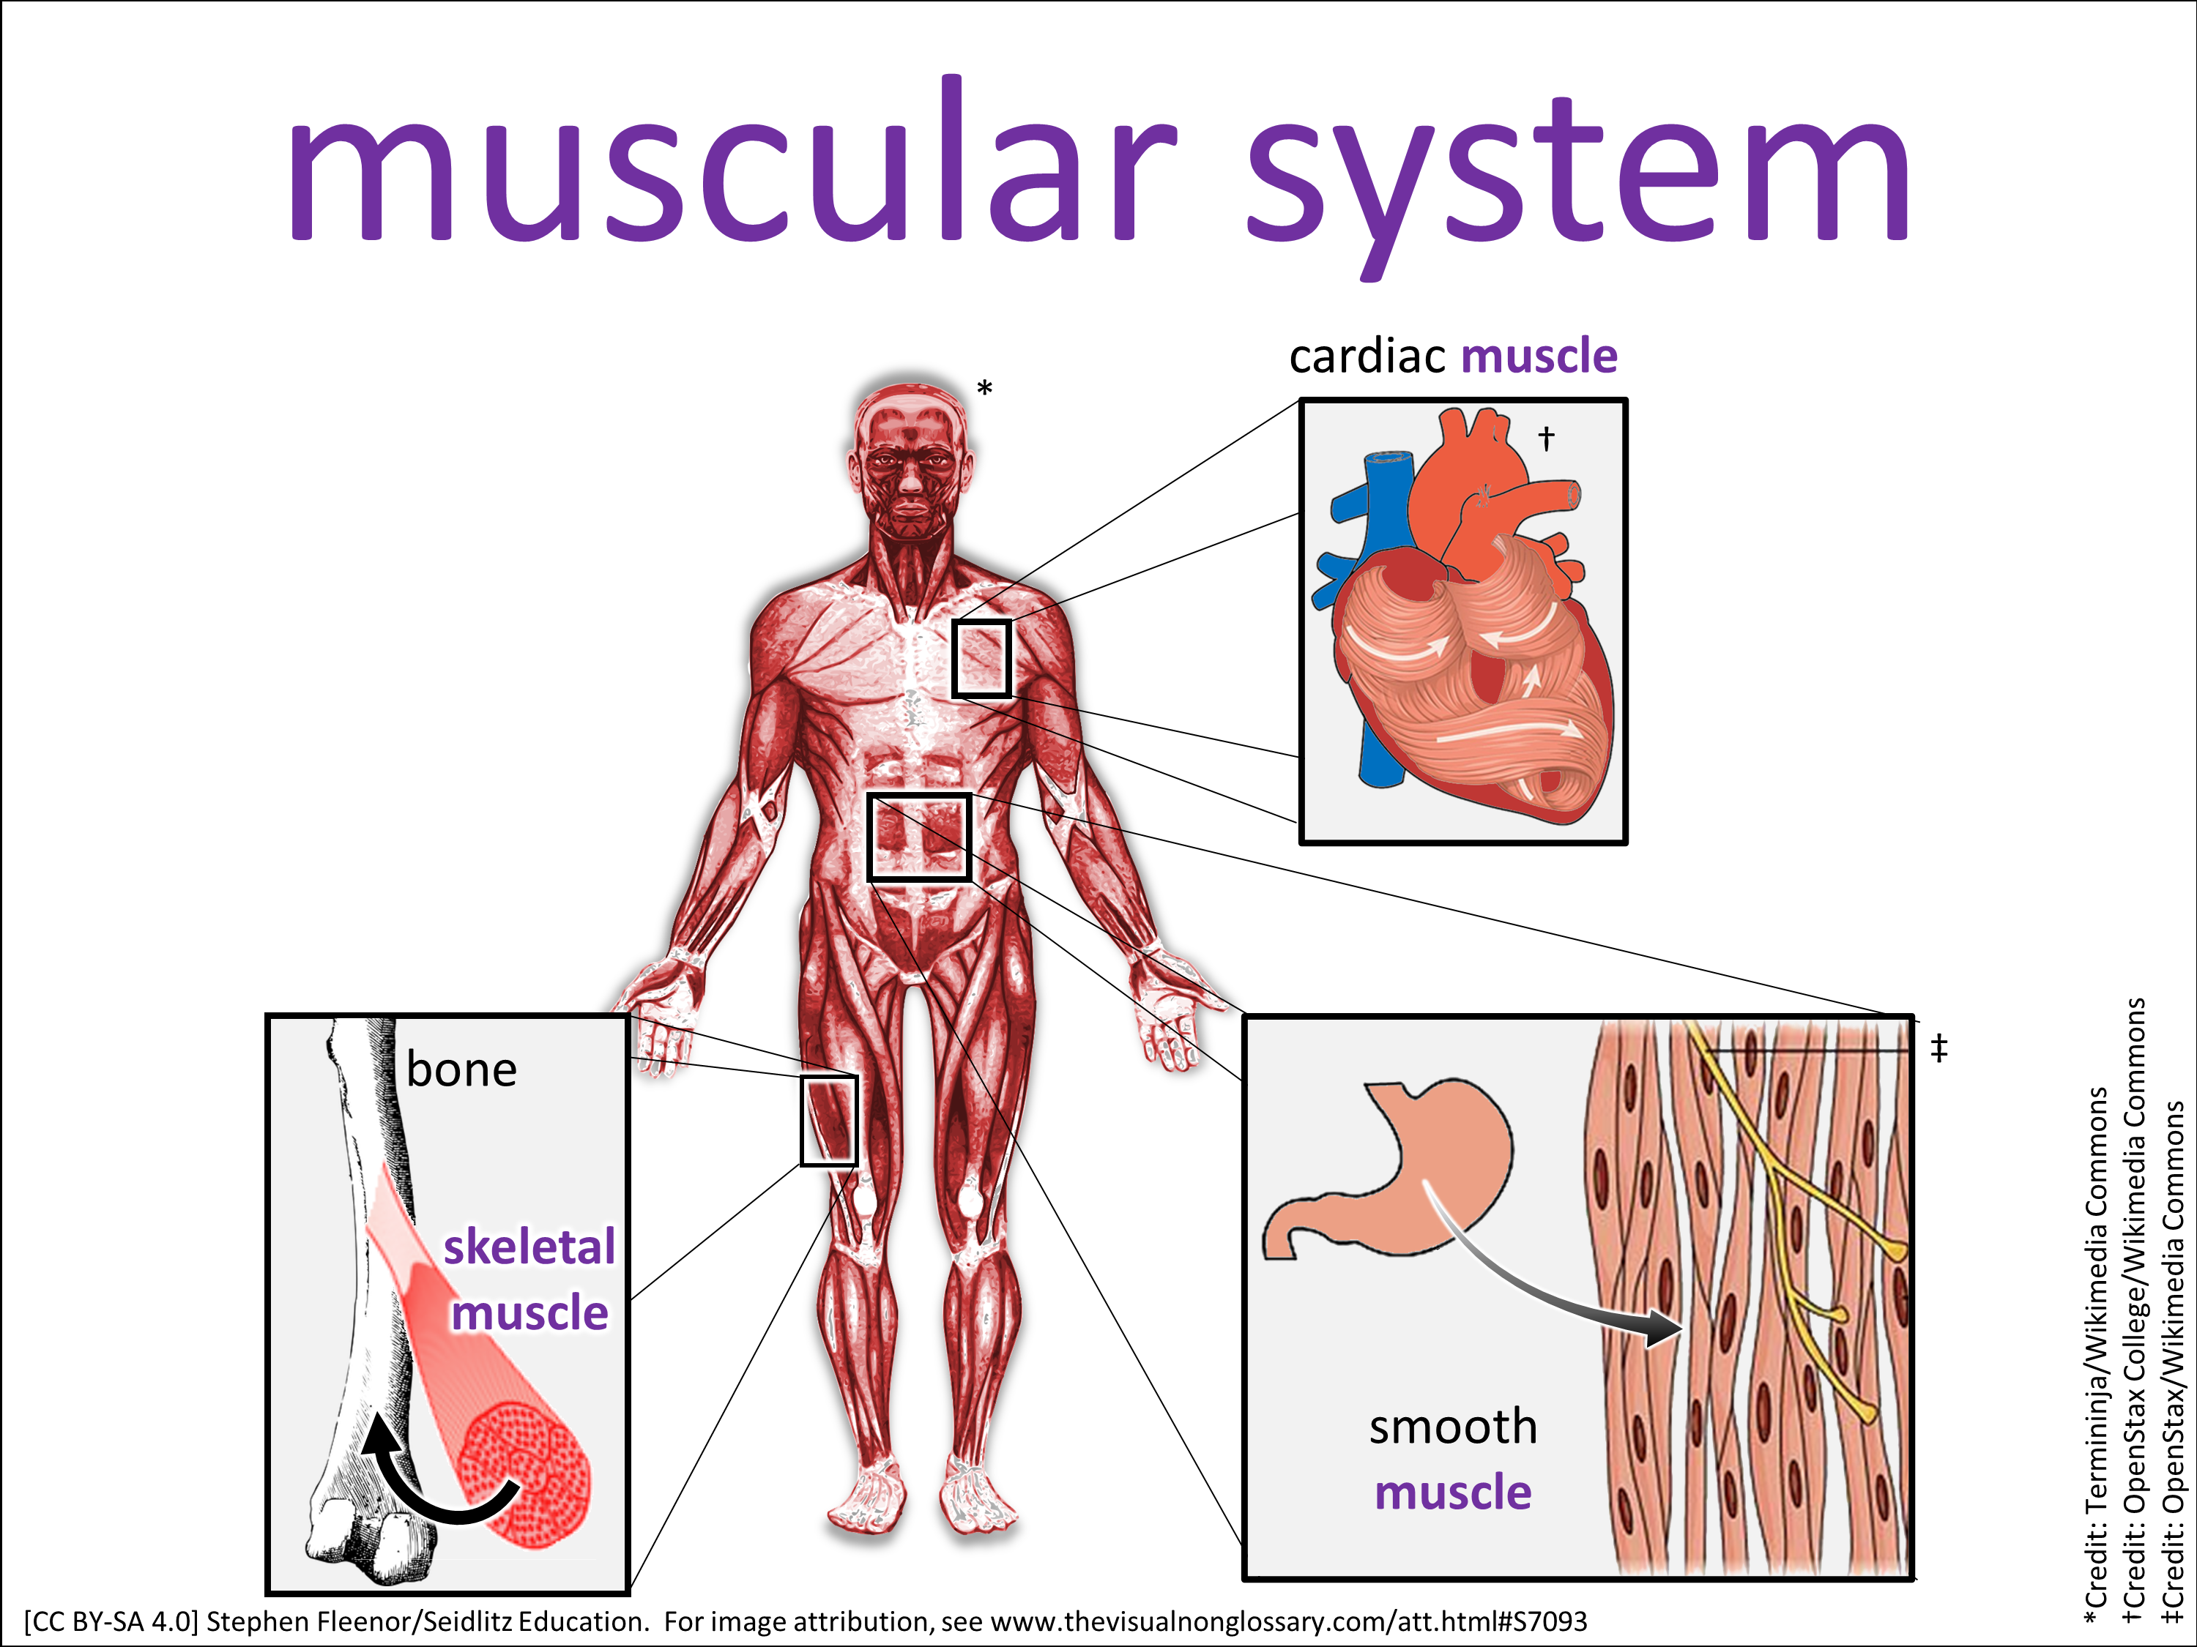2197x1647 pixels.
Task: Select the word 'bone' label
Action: coord(462,1070)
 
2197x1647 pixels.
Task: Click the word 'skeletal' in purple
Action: coord(529,1247)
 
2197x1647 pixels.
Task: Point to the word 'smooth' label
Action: coord(1453,1427)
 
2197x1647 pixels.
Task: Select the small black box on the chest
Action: coord(981,658)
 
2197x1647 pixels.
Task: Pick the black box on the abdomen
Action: coord(919,837)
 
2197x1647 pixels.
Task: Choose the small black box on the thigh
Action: coord(828,1120)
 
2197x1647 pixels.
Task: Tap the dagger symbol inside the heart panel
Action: coord(1545,438)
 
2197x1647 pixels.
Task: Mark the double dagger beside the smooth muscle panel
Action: coord(1938,1047)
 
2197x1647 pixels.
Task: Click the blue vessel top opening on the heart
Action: coord(1389,459)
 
